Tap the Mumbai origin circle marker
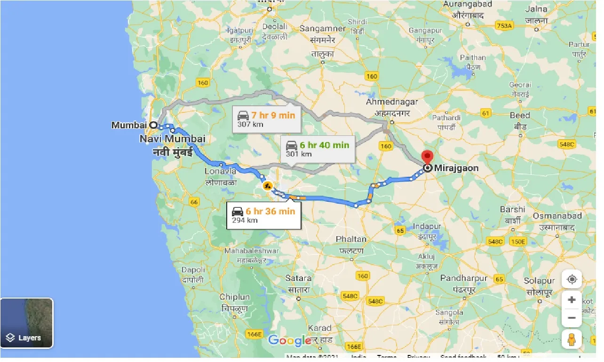[153, 125]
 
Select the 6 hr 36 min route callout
[263, 215]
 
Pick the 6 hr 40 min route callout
[318, 149]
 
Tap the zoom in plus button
[572, 299]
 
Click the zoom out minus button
[572, 317]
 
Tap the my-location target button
[572, 279]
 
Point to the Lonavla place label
[220, 172]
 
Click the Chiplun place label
[234, 297]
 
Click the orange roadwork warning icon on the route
[268, 185]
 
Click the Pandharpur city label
[463, 278]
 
